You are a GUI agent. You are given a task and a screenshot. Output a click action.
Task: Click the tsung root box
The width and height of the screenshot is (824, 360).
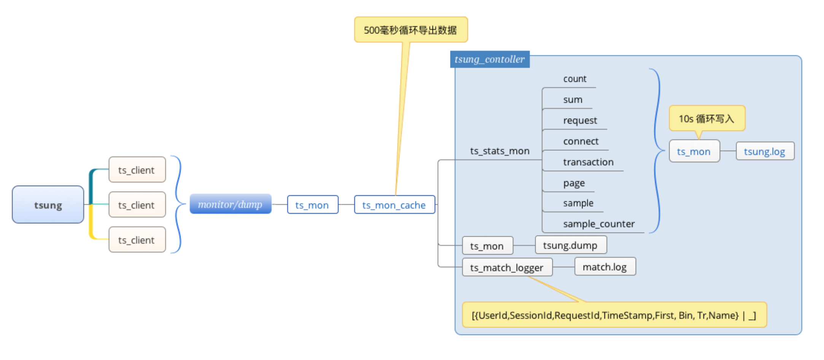point(48,204)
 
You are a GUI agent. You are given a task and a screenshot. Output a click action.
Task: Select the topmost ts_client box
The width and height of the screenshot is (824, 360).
point(137,170)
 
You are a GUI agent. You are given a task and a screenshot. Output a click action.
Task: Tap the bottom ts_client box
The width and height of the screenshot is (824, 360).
point(137,240)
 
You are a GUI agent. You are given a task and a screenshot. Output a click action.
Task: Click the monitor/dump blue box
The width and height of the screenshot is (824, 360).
point(231,204)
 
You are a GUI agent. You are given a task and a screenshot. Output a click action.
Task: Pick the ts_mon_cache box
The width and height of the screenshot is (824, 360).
point(395,205)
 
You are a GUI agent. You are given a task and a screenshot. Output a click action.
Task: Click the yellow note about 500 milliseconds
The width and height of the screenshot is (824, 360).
point(411,30)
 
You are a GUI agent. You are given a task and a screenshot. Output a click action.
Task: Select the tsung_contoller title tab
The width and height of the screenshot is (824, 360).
point(490,59)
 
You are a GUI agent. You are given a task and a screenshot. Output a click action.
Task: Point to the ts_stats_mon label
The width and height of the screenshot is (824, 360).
point(499,151)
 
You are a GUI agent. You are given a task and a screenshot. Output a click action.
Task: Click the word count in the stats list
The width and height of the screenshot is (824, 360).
point(575,79)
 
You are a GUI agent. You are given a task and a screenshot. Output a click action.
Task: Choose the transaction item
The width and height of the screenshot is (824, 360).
point(588,162)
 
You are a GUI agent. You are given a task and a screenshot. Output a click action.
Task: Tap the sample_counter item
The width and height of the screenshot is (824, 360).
point(599,224)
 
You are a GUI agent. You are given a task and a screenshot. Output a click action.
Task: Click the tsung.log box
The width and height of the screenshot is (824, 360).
point(765,151)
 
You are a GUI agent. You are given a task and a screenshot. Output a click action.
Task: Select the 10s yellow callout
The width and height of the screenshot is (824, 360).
point(707,118)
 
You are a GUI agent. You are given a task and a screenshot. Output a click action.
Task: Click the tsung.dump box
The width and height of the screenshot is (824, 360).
point(571,245)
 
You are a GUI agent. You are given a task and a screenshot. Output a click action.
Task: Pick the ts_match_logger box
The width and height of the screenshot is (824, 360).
point(507,267)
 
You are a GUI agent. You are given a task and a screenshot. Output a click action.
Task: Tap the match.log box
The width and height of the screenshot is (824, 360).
point(605,266)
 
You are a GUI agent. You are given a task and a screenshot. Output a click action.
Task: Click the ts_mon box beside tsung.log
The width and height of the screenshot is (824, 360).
point(694,151)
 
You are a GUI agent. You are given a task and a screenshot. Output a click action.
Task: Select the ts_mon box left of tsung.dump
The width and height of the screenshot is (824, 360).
point(487,245)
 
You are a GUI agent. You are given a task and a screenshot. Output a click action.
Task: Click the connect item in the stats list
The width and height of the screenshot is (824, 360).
point(581,141)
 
